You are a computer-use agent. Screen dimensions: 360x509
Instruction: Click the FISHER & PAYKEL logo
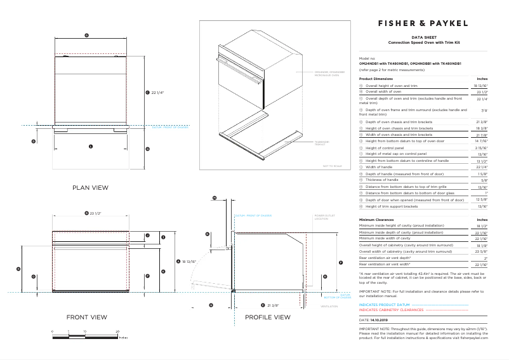point(423,23)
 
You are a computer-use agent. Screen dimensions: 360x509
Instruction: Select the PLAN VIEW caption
point(89,187)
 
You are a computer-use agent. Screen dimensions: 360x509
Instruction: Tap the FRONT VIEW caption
point(86,317)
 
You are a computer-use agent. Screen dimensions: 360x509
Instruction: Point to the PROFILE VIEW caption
point(267,317)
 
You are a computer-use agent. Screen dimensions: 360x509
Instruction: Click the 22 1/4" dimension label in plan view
point(157,93)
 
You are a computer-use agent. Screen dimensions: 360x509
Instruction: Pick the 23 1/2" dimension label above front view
point(95,213)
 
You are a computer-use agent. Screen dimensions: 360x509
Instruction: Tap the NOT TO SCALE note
point(332,166)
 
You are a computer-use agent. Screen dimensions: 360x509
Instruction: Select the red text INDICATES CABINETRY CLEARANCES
point(391,310)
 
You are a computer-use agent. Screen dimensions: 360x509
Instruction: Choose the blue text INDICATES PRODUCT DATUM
point(385,305)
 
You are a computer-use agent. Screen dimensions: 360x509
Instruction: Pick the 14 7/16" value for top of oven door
point(480,140)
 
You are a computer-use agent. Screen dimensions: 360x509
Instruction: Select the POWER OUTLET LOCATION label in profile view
point(321,217)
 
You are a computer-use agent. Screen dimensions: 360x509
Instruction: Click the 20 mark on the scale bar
point(117,332)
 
